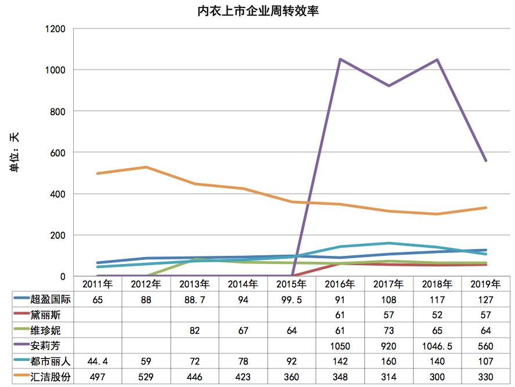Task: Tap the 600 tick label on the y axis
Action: tap(57, 153)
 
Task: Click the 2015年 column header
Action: tap(291, 284)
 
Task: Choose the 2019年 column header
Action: tap(485, 284)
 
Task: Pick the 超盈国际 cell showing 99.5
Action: tap(291, 300)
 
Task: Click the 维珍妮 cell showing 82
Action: tap(194, 331)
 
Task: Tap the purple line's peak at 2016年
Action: tap(340, 59)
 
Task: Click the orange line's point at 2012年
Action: tap(145, 167)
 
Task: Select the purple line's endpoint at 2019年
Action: tap(485, 161)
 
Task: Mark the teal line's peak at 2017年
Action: tap(388, 243)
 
